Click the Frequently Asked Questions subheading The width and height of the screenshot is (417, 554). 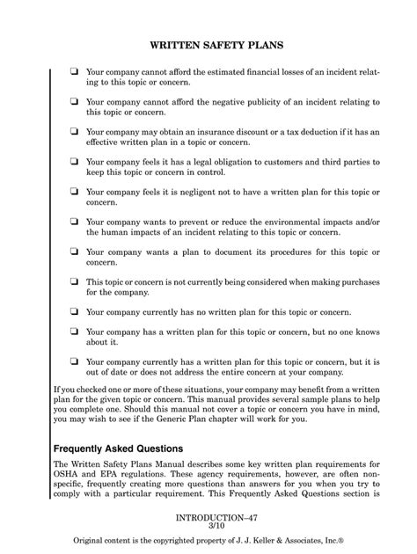(118, 448)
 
